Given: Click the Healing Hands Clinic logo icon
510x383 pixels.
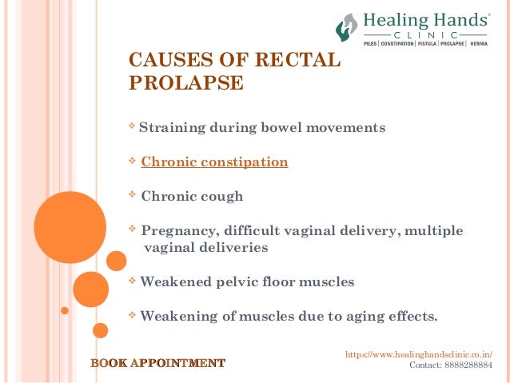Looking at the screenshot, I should pyautogui.click(x=346, y=27).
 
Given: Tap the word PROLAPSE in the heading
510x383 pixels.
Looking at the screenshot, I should pyautogui.click(x=185, y=82).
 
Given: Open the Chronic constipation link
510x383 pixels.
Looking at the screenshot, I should pyautogui.click(x=214, y=162).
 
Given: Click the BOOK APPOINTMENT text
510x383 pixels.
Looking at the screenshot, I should pyautogui.click(x=157, y=364).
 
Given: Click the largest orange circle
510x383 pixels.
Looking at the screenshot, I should pyautogui.click(x=70, y=227).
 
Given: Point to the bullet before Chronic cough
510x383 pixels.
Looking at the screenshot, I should pyautogui.click(x=132, y=195).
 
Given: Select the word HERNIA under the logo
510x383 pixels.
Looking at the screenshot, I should pyautogui.click(x=479, y=43).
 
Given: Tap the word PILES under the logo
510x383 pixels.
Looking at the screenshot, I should pyautogui.click(x=370, y=43).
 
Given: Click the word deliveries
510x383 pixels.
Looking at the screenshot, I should pyautogui.click(x=228, y=248).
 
